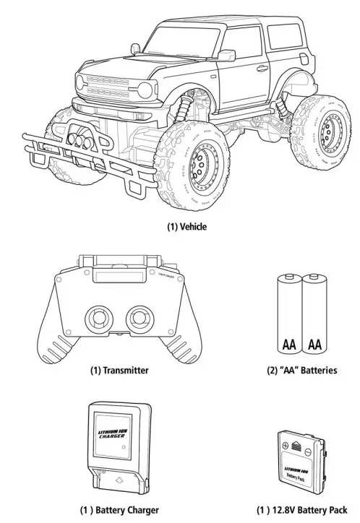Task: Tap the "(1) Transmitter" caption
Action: [119, 370]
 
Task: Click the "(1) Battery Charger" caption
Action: [119, 510]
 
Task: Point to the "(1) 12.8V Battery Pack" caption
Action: [301, 510]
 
